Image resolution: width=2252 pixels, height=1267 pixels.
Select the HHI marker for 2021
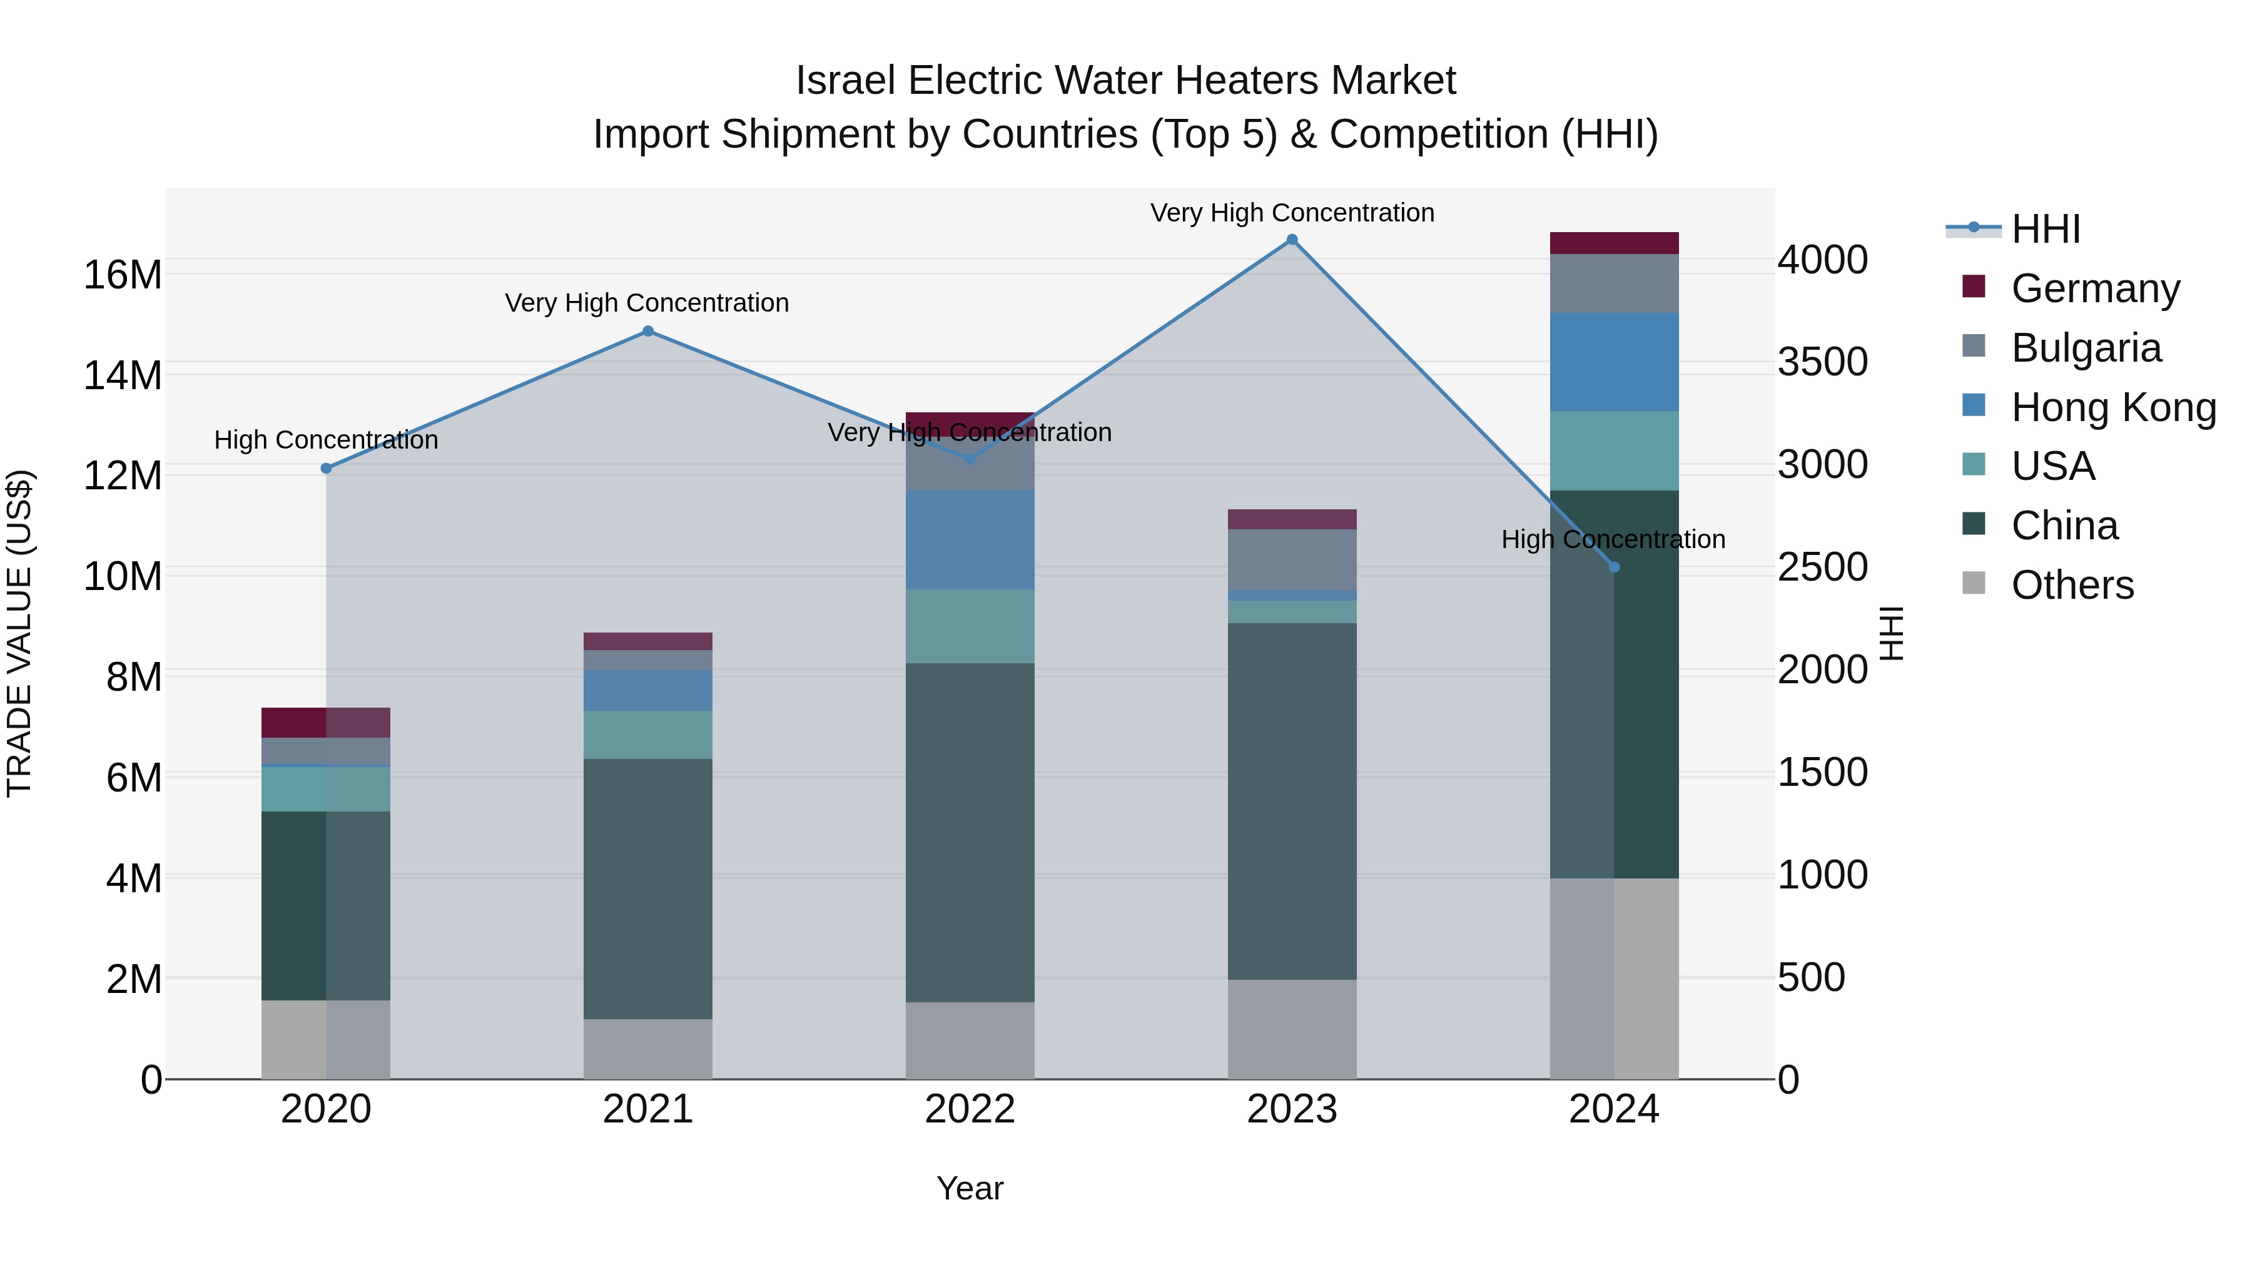pos(648,332)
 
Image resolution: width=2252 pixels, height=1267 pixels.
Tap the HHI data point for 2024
pos(1614,567)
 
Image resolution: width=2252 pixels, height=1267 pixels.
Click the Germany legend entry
pos(2094,288)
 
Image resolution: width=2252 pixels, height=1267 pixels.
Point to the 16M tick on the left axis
pos(123,275)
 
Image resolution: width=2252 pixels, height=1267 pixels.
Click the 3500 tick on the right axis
pos(1823,362)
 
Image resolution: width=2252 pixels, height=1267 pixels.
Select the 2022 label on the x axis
pos(970,1109)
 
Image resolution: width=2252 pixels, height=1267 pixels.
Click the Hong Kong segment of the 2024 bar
pos(1614,362)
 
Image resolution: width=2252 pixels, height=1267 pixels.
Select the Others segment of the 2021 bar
pos(648,1049)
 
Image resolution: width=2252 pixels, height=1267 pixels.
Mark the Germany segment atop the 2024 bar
pos(1614,243)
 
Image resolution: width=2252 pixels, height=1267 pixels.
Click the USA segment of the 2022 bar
pos(970,626)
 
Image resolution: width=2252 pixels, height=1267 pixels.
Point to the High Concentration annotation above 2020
pos(326,440)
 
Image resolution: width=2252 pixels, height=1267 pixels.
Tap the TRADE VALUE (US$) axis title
pos(19,633)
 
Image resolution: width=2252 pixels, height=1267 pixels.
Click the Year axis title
pos(970,1188)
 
